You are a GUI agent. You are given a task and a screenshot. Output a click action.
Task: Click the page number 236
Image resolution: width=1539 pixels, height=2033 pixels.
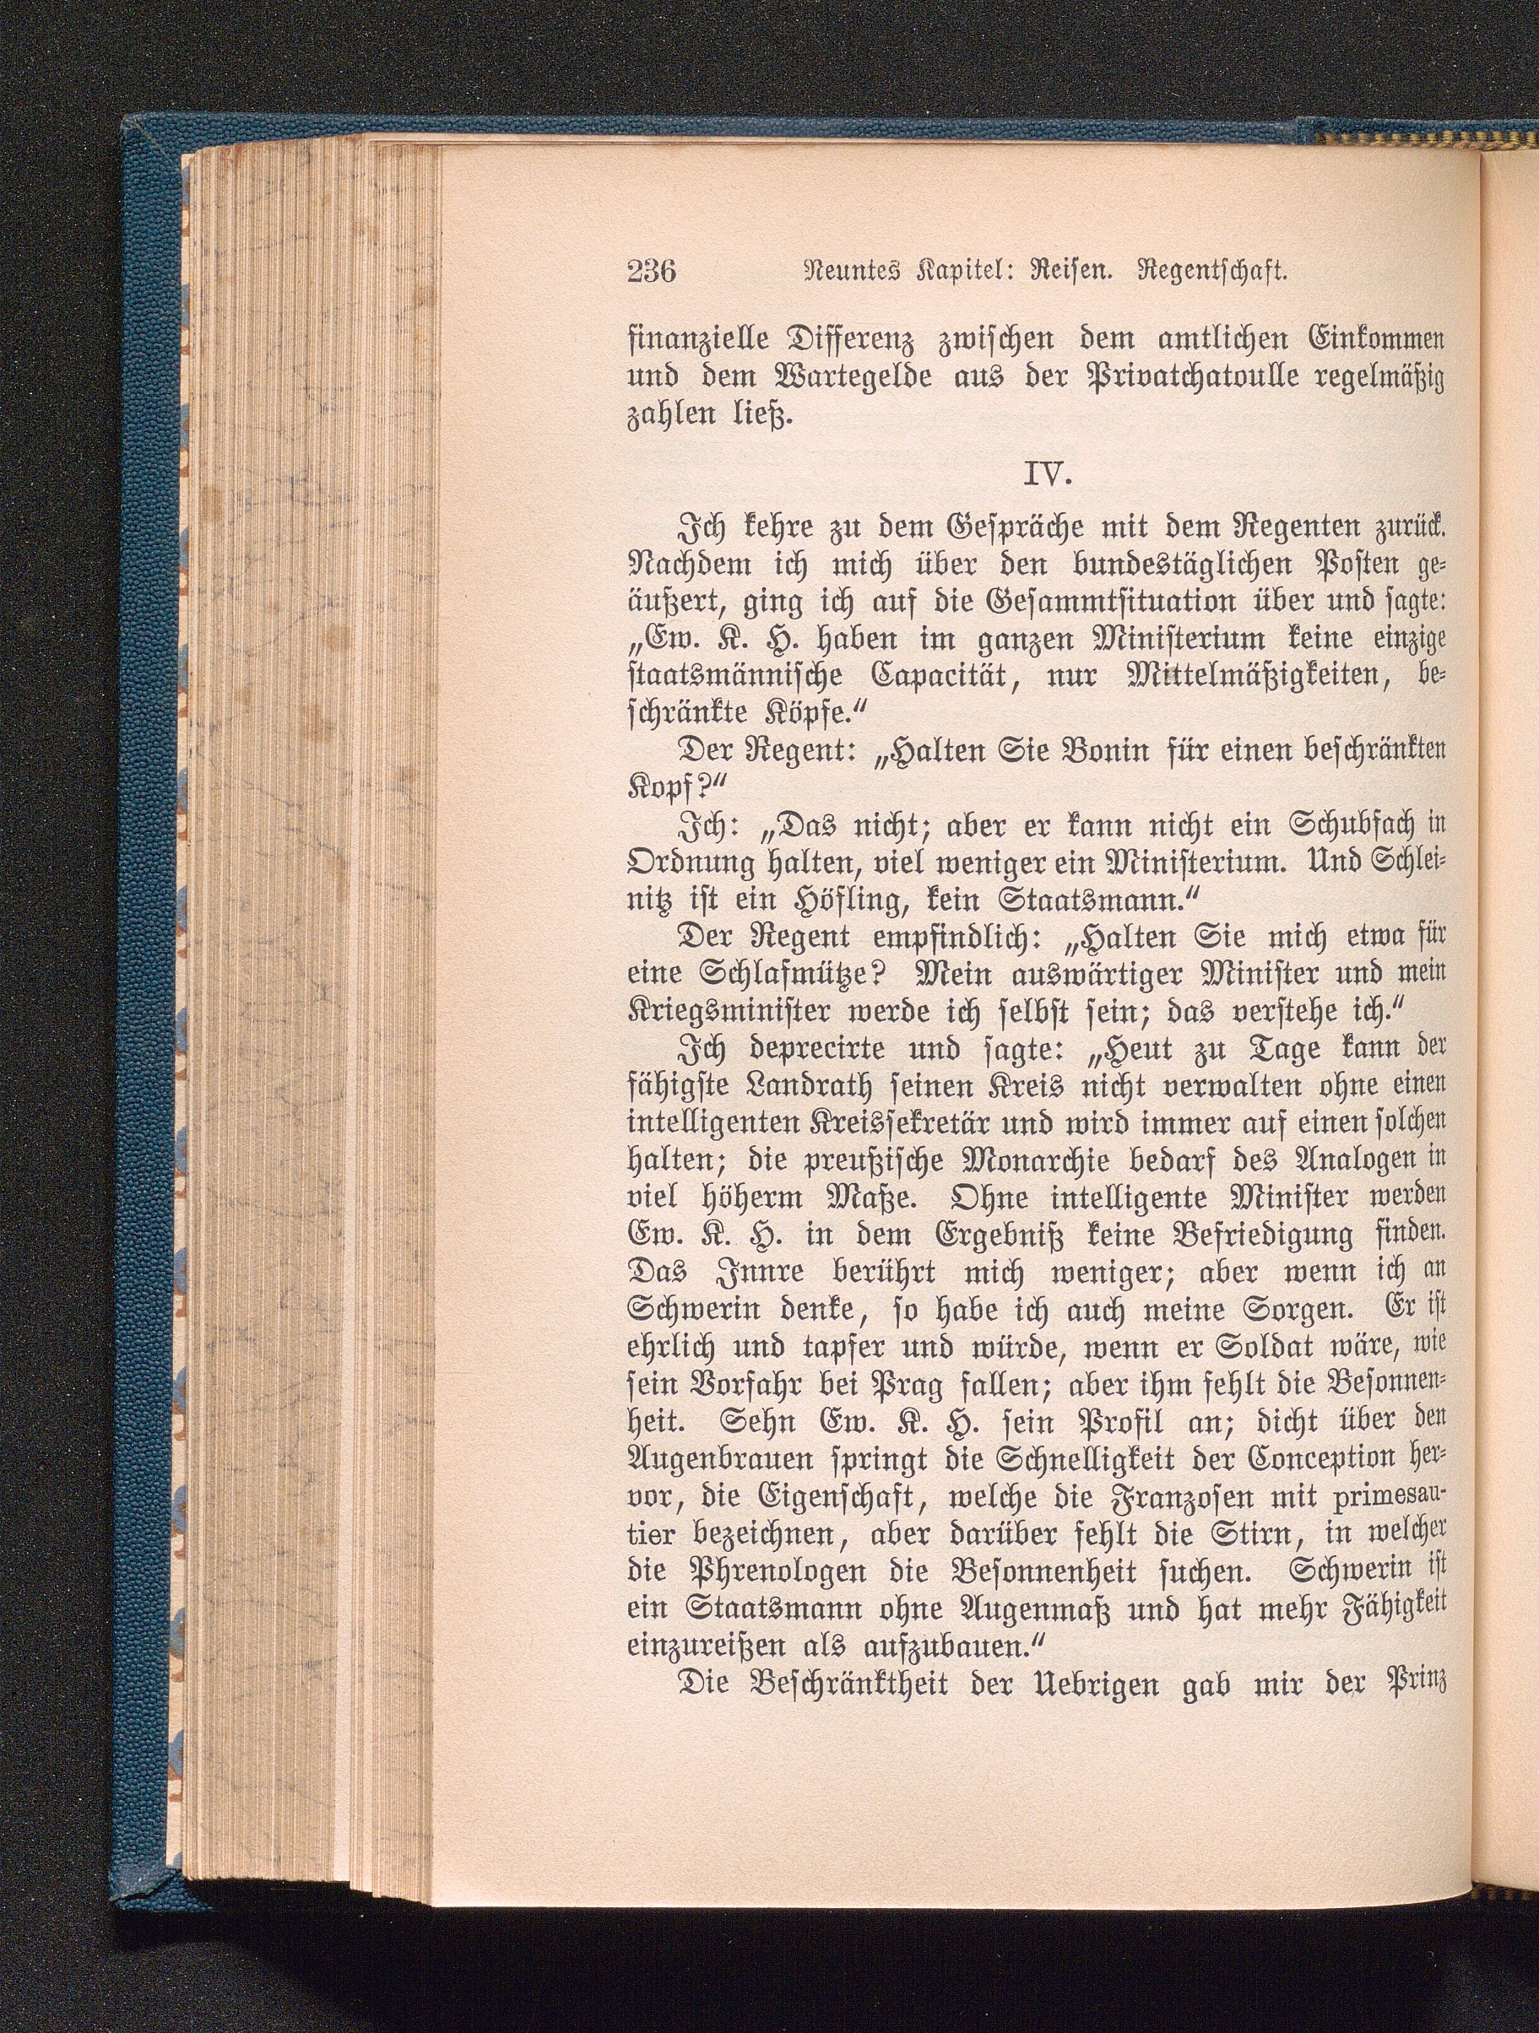(x=651, y=272)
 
